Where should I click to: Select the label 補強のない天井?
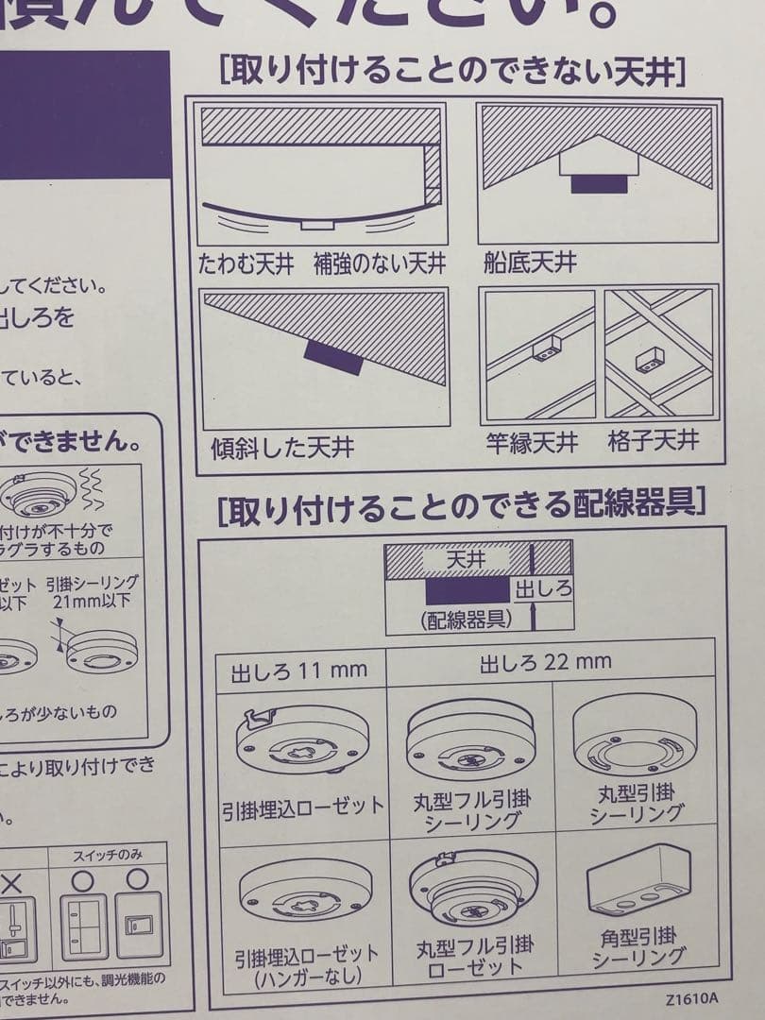click(381, 263)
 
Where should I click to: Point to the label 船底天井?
click(530, 261)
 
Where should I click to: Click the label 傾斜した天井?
click(282, 446)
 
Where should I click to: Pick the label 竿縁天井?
click(532, 442)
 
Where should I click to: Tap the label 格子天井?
click(654, 441)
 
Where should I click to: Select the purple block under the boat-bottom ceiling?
click(599, 183)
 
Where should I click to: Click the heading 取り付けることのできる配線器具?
click(461, 509)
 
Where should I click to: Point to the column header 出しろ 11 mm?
click(298, 672)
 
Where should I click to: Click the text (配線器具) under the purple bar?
click(466, 620)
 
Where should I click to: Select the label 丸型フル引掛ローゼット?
click(474, 955)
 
